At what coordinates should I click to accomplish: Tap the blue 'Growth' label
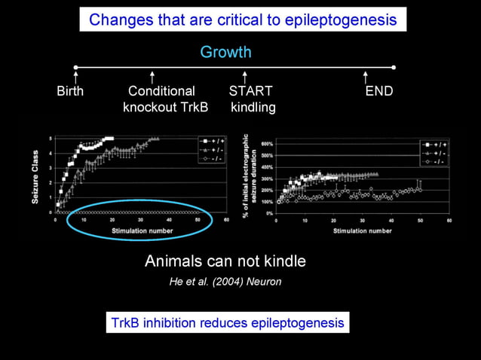click(x=225, y=52)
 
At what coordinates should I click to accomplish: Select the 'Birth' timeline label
click(x=70, y=91)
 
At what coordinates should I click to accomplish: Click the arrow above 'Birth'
click(x=76, y=77)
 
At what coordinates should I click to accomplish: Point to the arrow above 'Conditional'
click(x=152, y=77)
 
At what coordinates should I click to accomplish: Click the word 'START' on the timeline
click(x=250, y=91)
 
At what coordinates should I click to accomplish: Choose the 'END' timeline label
click(x=378, y=91)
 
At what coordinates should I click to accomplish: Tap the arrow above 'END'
click(x=366, y=77)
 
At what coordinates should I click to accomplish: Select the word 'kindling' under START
click(x=253, y=108)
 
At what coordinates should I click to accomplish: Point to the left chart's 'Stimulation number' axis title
click(x=142, y=230)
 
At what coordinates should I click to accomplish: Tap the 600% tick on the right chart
click(x=268, y=142)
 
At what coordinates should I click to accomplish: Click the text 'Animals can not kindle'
click(x=225, y=262)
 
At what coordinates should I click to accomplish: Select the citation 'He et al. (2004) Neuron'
click(x=225, y=282)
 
